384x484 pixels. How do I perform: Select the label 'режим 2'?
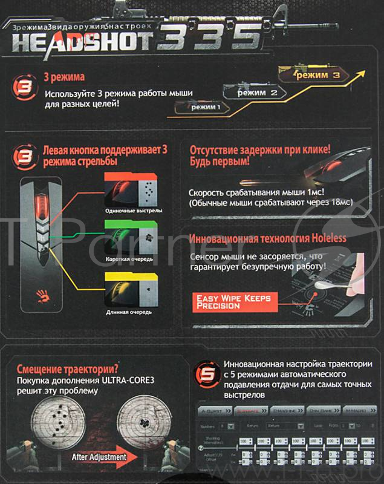[x=257, y=93]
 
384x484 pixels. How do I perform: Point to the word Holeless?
[x=326, y=238]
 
